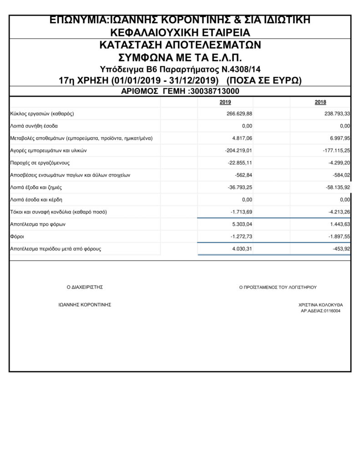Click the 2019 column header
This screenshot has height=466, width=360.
[225, 102]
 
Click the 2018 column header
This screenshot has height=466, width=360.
[320, 102]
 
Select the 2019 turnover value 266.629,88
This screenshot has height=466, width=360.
[239, 113]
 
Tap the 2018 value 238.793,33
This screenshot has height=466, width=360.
[334, 113]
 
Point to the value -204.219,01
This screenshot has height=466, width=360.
[238, 150]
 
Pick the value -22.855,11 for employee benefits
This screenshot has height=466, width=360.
[240, 162]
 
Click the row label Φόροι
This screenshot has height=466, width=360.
[16, 237]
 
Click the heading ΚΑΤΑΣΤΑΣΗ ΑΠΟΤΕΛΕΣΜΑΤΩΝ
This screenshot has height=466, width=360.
[180, 46]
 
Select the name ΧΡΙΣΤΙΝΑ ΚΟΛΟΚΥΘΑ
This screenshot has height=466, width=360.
[321, 304]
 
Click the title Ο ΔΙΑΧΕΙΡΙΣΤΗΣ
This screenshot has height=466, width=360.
[85, 287]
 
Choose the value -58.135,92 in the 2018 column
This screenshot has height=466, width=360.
[335, 187]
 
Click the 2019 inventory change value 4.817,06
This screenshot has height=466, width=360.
[242, 138]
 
